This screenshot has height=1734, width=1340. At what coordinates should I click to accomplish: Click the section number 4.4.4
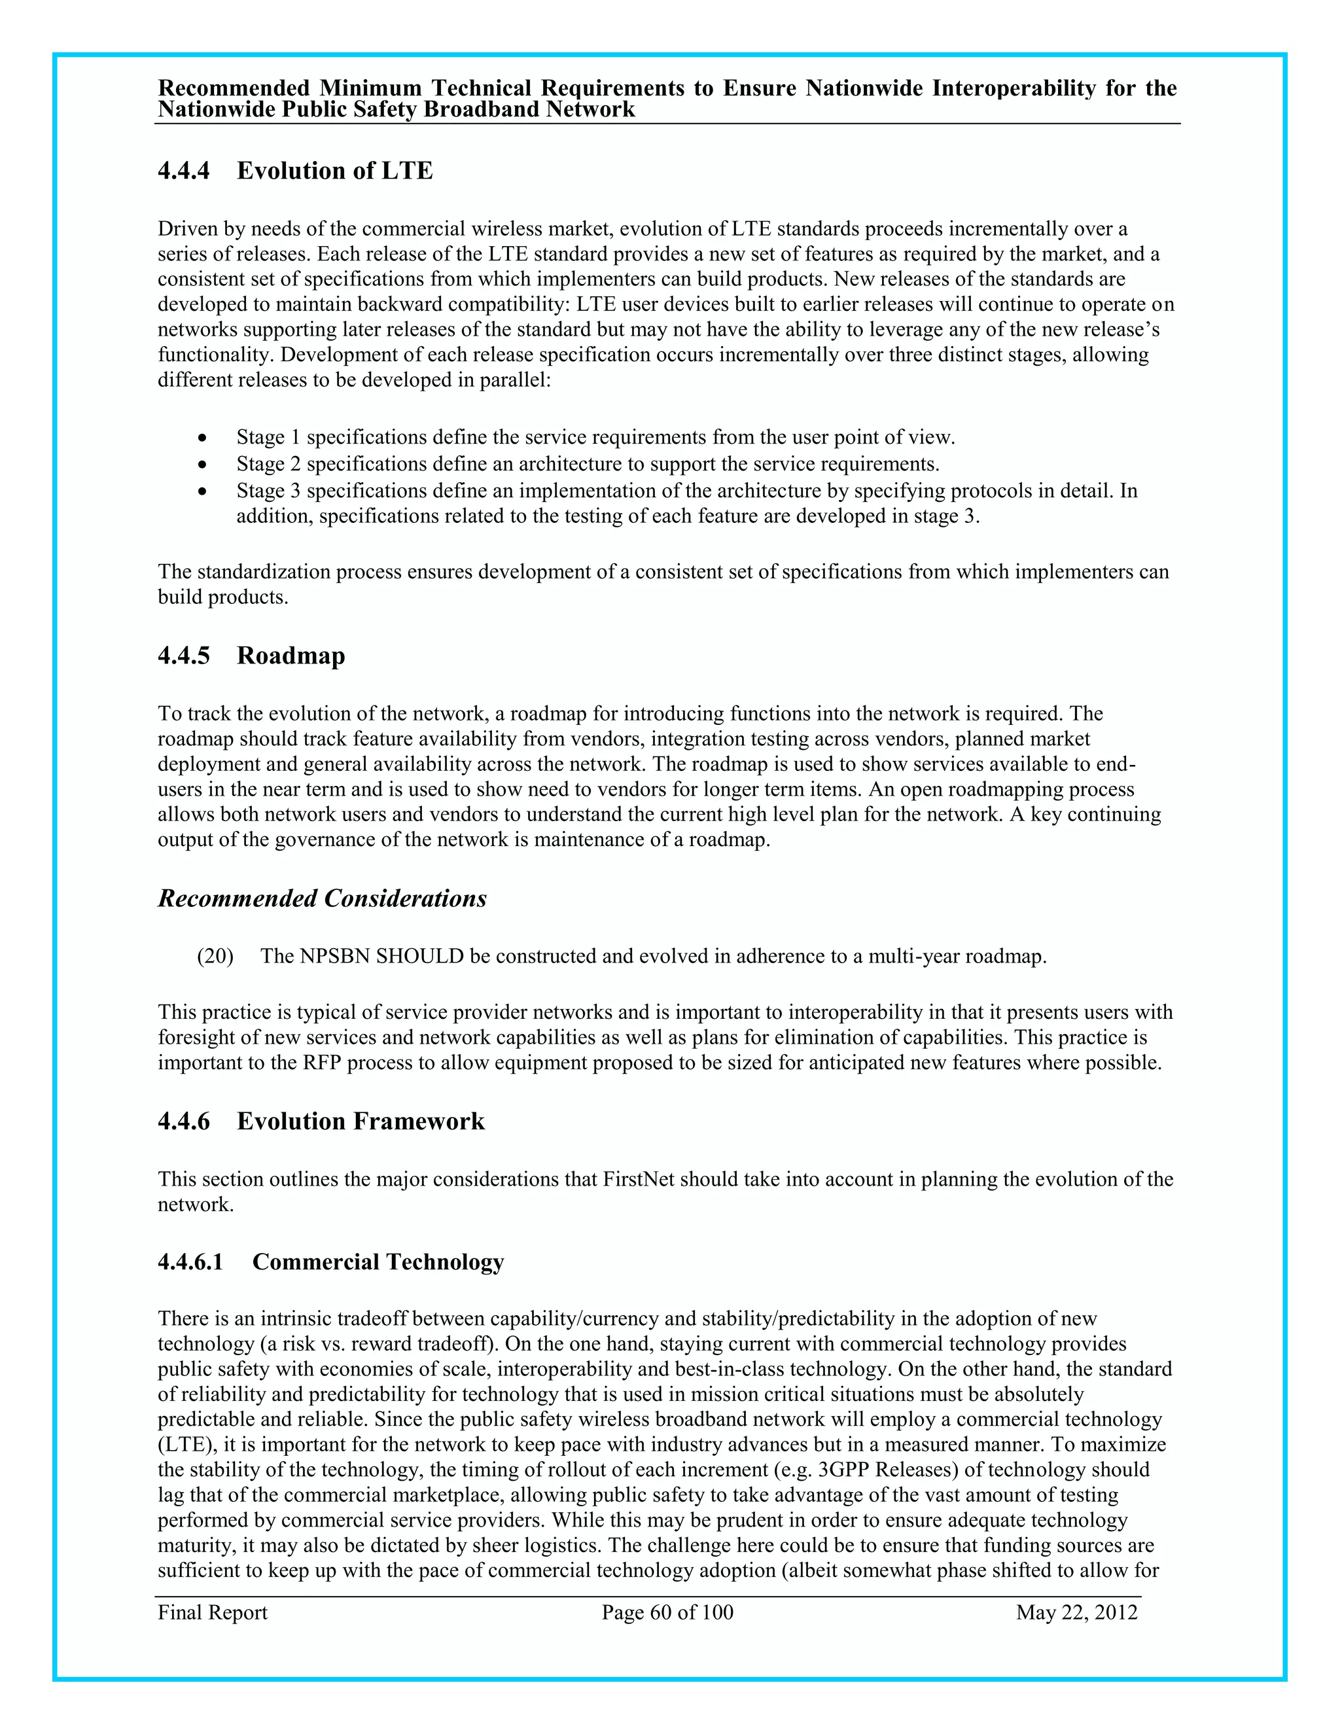(x=183, y=171)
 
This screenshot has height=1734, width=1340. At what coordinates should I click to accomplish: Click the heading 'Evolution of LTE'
(x=334, y=171)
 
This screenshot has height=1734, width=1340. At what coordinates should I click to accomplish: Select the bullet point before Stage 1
(x=204, y=438)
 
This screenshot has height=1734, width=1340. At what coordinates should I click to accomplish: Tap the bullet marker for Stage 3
(x=204, y=491)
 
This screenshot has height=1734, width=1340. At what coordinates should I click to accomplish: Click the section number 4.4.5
(x=183, y=656)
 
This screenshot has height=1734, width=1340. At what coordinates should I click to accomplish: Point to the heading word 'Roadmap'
(x=291, y=656)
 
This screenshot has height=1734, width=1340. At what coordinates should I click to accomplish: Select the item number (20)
(x=215, y=956)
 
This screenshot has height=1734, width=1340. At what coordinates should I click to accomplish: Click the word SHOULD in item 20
(x=420, y=956)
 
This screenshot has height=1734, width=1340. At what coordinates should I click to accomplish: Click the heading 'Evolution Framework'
(x=361, y=1121)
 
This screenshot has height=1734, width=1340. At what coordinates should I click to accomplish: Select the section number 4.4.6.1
(x=190, y=1262)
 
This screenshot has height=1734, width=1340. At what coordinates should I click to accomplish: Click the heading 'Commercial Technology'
(x=378, y=1262)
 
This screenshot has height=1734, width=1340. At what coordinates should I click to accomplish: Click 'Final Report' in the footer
(x=212, y=1612)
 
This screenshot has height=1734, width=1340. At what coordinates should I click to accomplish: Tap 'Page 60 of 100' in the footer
(x=667, y=1612)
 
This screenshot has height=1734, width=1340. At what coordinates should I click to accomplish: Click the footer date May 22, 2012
(x=1076, y=1612)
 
